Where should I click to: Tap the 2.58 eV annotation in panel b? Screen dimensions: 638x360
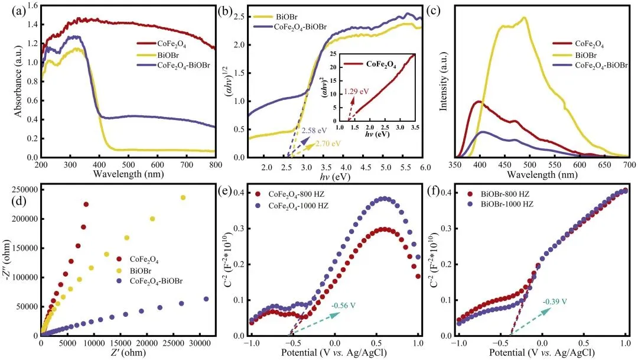[314, 131]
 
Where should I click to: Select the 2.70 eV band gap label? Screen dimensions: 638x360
[328, 143]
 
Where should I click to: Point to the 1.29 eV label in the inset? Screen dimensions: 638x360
[356, 91]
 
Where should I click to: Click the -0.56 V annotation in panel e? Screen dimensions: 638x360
[343, 306]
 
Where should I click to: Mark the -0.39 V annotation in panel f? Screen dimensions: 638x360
[555, 301]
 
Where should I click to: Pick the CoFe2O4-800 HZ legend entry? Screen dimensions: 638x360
[291, 194]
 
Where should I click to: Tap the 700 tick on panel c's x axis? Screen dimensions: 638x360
[629, 164]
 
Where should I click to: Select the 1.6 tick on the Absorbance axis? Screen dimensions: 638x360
[32, 6]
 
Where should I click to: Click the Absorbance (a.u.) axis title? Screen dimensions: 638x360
[18, 82]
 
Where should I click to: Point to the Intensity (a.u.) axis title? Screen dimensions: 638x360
[444, 82]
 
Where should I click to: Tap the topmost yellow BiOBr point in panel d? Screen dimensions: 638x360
[183, 197]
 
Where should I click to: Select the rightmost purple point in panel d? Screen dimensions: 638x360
[206, 299]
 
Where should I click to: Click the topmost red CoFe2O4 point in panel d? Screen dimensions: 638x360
[86, 204]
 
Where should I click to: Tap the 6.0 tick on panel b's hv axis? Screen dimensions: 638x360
[425, 167]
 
